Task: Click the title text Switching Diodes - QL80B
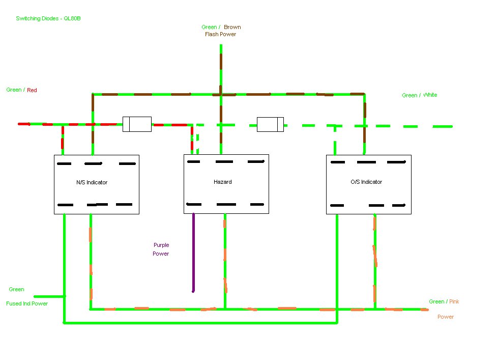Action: (x=49, y=18)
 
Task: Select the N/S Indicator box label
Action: (x=92, y=182)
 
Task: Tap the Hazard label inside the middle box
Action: (x=223, y=182)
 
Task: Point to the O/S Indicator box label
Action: (x=366, y=182)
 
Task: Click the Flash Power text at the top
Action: (x=220, y=35)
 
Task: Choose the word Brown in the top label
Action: (x=232, y=27)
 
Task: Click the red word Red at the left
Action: (x=32, y=90)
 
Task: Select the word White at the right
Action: (x=430, y=95)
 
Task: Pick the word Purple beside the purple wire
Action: (x=161, y=245)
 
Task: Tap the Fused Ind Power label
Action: (x=27, y=303)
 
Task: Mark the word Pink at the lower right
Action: (x=454, y=301)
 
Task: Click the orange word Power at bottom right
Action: (x=446, y=317)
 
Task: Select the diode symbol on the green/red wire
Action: (x=137, y=124)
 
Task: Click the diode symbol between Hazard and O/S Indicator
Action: (x=270, y=124)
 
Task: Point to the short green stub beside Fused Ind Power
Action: (x=49, y=296)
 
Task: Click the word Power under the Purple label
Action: (x=161, y=254)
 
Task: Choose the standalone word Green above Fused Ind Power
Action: (x=16, y=289)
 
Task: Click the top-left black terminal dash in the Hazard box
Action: (x=193, y=162)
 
